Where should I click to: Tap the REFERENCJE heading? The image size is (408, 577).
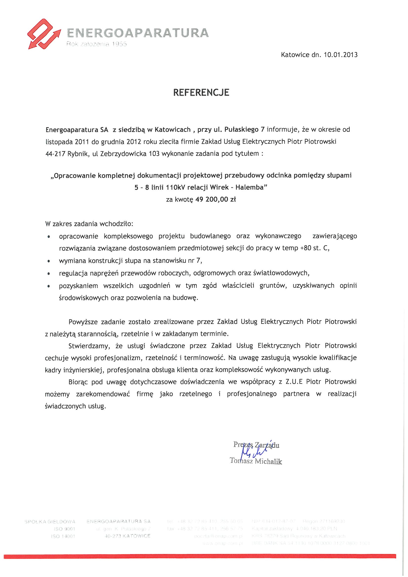click(x=201, y=93)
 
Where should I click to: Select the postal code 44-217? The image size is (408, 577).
click(x=56, y=154)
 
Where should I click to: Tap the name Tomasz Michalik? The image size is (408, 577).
click(x=256, y=461)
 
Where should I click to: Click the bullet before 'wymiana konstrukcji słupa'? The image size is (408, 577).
click(x=49, y=261)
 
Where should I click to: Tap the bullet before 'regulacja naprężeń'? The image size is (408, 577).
click(x=49, y=273)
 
